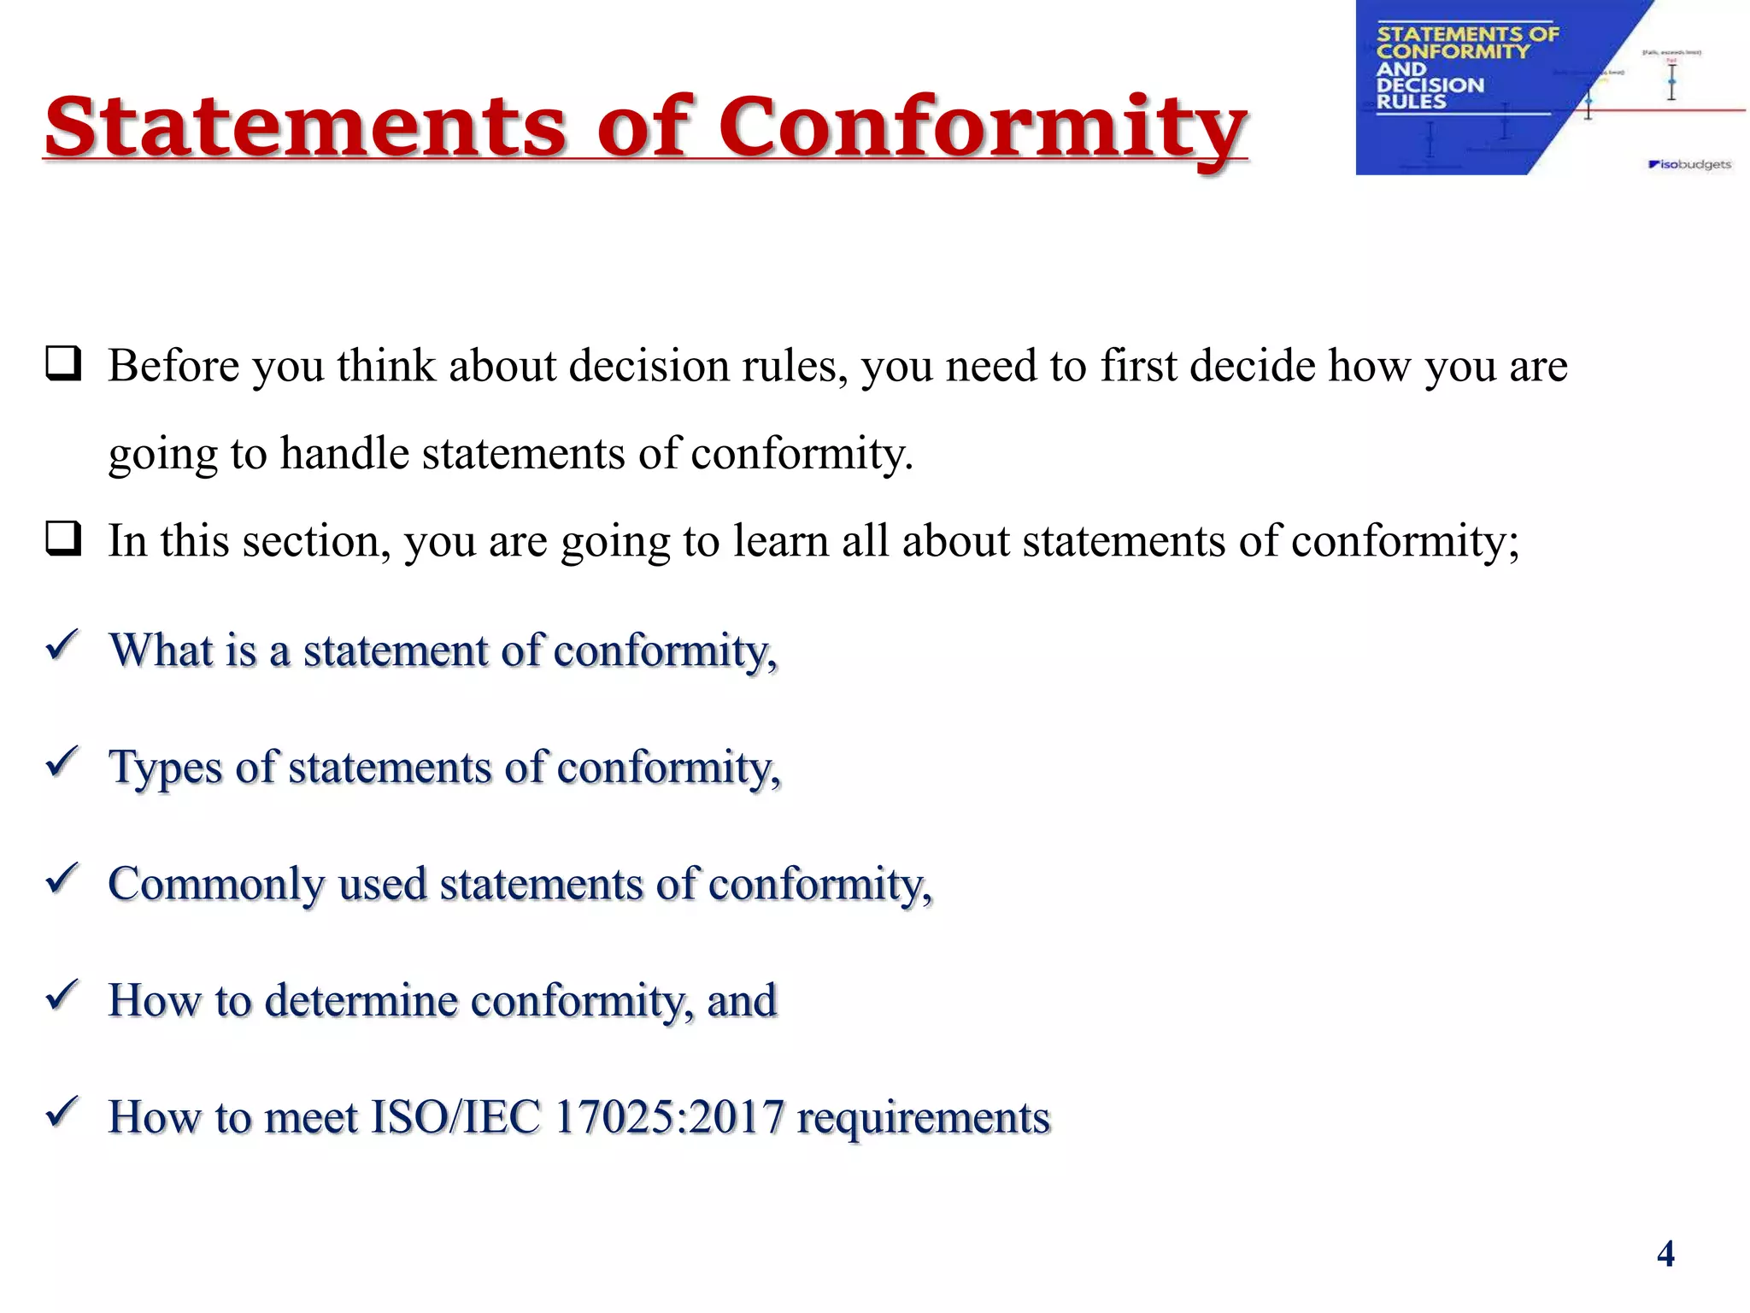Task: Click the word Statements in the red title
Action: click(305, 127)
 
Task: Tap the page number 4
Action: click(1665, 1254)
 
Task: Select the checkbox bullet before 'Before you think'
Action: click(64, 364)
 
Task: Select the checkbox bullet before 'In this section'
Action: click(64, 539)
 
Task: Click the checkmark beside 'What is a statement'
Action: click(62, 645)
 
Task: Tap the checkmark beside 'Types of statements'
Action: click(62, 762)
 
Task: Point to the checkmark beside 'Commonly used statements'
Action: click(62, 879)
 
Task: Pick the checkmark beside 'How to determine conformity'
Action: click(62, 996)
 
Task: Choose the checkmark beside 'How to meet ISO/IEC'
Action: click(62, 1113)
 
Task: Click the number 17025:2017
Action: click(669, 1117)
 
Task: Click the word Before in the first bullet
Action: click(173, 366)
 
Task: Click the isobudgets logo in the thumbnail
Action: click(1689, 164)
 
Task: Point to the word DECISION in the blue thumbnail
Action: click(1430, 85)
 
